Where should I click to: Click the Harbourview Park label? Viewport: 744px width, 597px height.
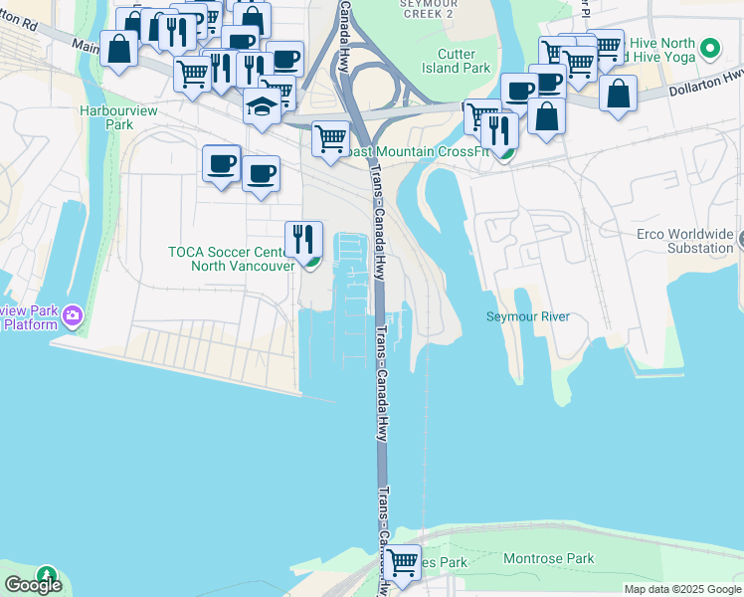[x=106, y=118]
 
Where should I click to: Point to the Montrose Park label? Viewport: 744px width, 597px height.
[x=548, y=559]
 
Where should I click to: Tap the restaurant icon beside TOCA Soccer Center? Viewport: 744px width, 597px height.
[x=304, y=238]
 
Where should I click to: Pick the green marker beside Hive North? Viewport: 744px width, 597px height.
[x=709, y=47]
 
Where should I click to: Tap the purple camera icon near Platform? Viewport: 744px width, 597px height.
[x=72, y=316]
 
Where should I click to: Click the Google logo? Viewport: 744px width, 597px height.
[x=33, y=585]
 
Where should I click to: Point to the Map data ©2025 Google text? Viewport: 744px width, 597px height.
[x=682, y=589]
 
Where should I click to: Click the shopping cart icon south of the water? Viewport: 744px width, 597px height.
[x=403, y=563]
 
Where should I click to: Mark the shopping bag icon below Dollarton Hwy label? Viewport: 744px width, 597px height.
[x=618, y=94]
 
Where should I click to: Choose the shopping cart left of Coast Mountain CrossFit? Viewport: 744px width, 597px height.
[x=330, y=138]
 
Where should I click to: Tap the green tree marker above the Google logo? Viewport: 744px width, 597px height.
[x=46, y=575]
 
